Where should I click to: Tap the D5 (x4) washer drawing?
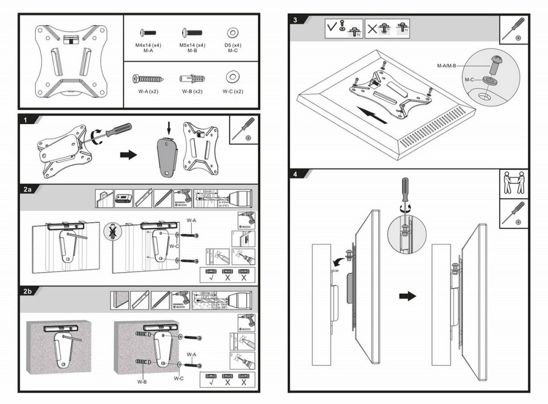(233, 33)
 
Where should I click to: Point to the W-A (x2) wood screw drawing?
(148, 79)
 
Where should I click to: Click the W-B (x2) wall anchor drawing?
(192, 79)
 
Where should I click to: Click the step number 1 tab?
(26, 120)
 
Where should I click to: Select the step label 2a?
(27, 189)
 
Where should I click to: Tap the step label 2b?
(27, 291)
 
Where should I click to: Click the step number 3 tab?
(295, 20)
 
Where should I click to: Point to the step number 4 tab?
(295, 174)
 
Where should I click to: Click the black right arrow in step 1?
(128, 155)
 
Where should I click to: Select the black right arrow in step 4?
(407, 296)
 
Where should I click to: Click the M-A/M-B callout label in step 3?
(447, 66)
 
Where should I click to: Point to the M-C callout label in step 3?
(469, 80)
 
